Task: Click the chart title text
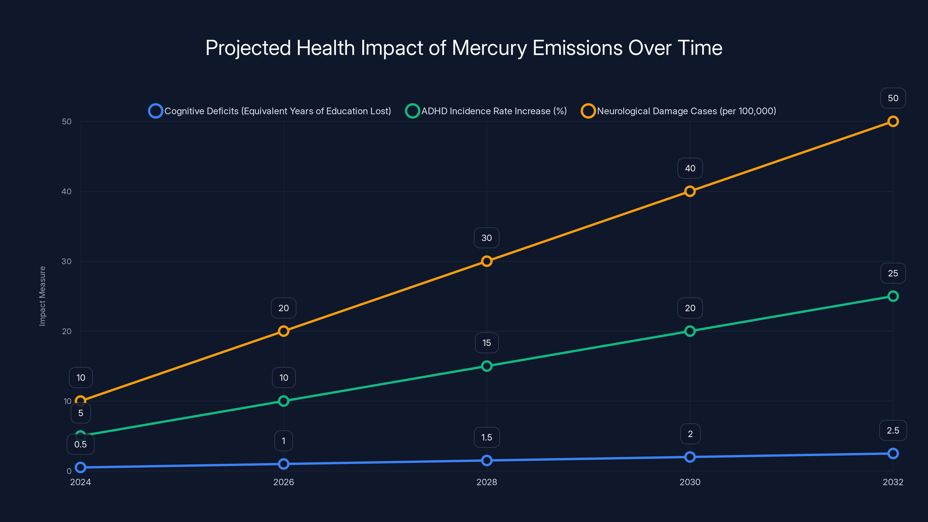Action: tap(464, 48)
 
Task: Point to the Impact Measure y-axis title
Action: tap(43, 296)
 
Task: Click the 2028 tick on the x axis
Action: tap(486, 482)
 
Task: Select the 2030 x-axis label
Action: tap(690, 482)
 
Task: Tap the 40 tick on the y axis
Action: tap(67, 191)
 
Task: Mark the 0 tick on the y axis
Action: tap(69, 471)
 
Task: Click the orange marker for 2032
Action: tap(893, 122)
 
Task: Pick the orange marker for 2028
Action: tap(486, 261)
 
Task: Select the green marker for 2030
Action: tap(690, 331)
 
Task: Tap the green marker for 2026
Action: tap(284, 401)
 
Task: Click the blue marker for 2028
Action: tap(486, 461)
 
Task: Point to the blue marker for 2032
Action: tap(893, 454)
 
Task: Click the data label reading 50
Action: tap(893, 98)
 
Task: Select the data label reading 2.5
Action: tap(893, 430)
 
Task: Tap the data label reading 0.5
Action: tap(80, 445)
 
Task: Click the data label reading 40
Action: tap(690, 168)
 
